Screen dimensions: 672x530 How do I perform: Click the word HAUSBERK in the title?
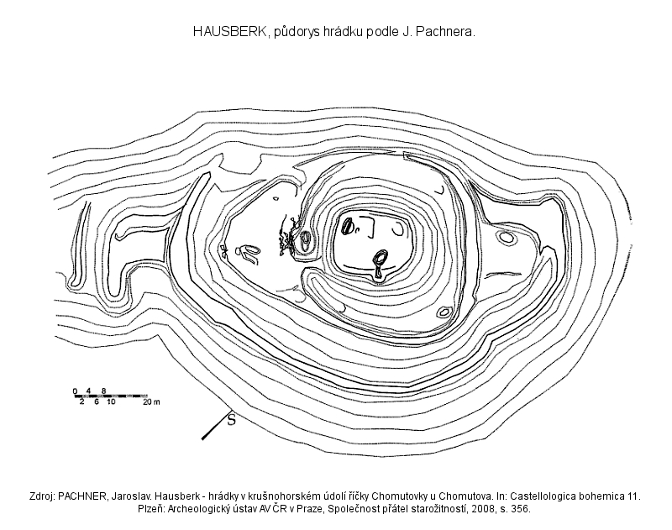pos(229,32)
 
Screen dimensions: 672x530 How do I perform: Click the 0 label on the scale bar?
pos(75,391)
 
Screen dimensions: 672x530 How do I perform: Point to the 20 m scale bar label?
pos(151,401)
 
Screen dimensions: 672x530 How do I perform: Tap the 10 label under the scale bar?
pos(111,401)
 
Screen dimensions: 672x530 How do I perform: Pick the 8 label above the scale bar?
pos(103,391)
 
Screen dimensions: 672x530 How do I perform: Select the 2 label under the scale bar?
pos(81,401)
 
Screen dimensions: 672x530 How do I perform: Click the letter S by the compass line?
pos(232,420)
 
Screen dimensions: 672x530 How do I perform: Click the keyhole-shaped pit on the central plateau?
pos(379,264)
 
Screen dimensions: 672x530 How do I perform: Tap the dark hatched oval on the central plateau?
pos(346,226)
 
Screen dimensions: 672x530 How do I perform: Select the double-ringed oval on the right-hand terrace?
pos(507,237)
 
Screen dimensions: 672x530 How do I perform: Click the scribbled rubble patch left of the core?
pos(286,238)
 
